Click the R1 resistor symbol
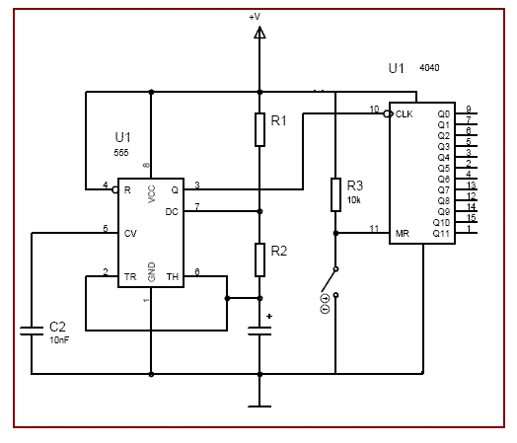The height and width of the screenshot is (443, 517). coord(259,129)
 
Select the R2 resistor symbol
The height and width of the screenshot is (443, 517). coord(259,259)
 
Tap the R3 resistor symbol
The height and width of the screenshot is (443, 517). coord(335,194)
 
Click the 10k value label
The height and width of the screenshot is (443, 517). coord(354,200)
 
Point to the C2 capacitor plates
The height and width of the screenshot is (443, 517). coord(32,331)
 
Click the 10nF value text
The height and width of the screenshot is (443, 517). coord(59,339)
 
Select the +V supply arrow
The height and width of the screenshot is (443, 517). coord(259,33)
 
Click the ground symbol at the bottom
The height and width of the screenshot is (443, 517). coord(259,406)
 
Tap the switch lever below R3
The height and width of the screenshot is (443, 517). coord(329,280)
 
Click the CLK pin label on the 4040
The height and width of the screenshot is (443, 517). coord(404,114)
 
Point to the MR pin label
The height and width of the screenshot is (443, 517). coord(402,234)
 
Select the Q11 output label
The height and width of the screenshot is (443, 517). coord(441,234)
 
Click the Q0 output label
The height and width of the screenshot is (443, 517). coord(444,114)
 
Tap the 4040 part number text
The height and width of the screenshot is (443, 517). coord(429,68)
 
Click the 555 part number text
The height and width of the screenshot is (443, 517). coord(121,153)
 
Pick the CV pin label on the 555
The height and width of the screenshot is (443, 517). coord(130,234)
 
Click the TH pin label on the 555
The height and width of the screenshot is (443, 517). coord(173,277)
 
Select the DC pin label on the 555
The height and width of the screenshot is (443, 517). coord(172,212)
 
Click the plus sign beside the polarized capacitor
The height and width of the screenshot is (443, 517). coord(269,316)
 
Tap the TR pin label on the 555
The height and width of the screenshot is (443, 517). coord(130,277)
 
